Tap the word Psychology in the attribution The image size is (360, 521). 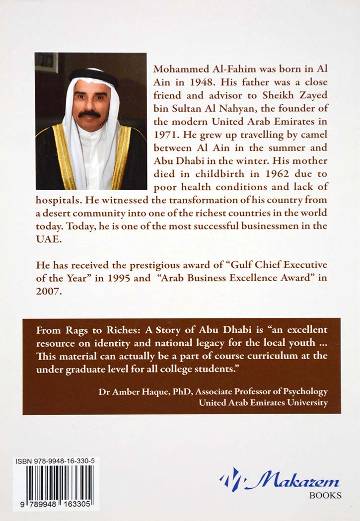click(x=305, y=391)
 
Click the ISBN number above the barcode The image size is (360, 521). click(x=56, y=461)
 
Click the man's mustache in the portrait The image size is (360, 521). click(x=90, y=113)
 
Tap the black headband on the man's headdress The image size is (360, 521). click(x=92, y=74)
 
